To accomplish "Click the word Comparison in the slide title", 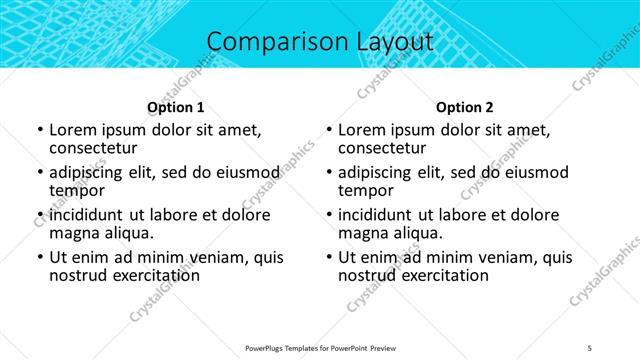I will (x=267, y=42).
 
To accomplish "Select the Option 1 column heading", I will (x=175, y=107).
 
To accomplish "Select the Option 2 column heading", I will (x=464, y=107).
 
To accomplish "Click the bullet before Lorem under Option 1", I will (x=39, y=131).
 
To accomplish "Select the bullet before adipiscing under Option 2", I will (x=328, y=173).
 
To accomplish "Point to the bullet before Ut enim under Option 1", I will (x=39, y=257).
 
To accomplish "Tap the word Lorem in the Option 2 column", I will (x=363, y=130).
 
